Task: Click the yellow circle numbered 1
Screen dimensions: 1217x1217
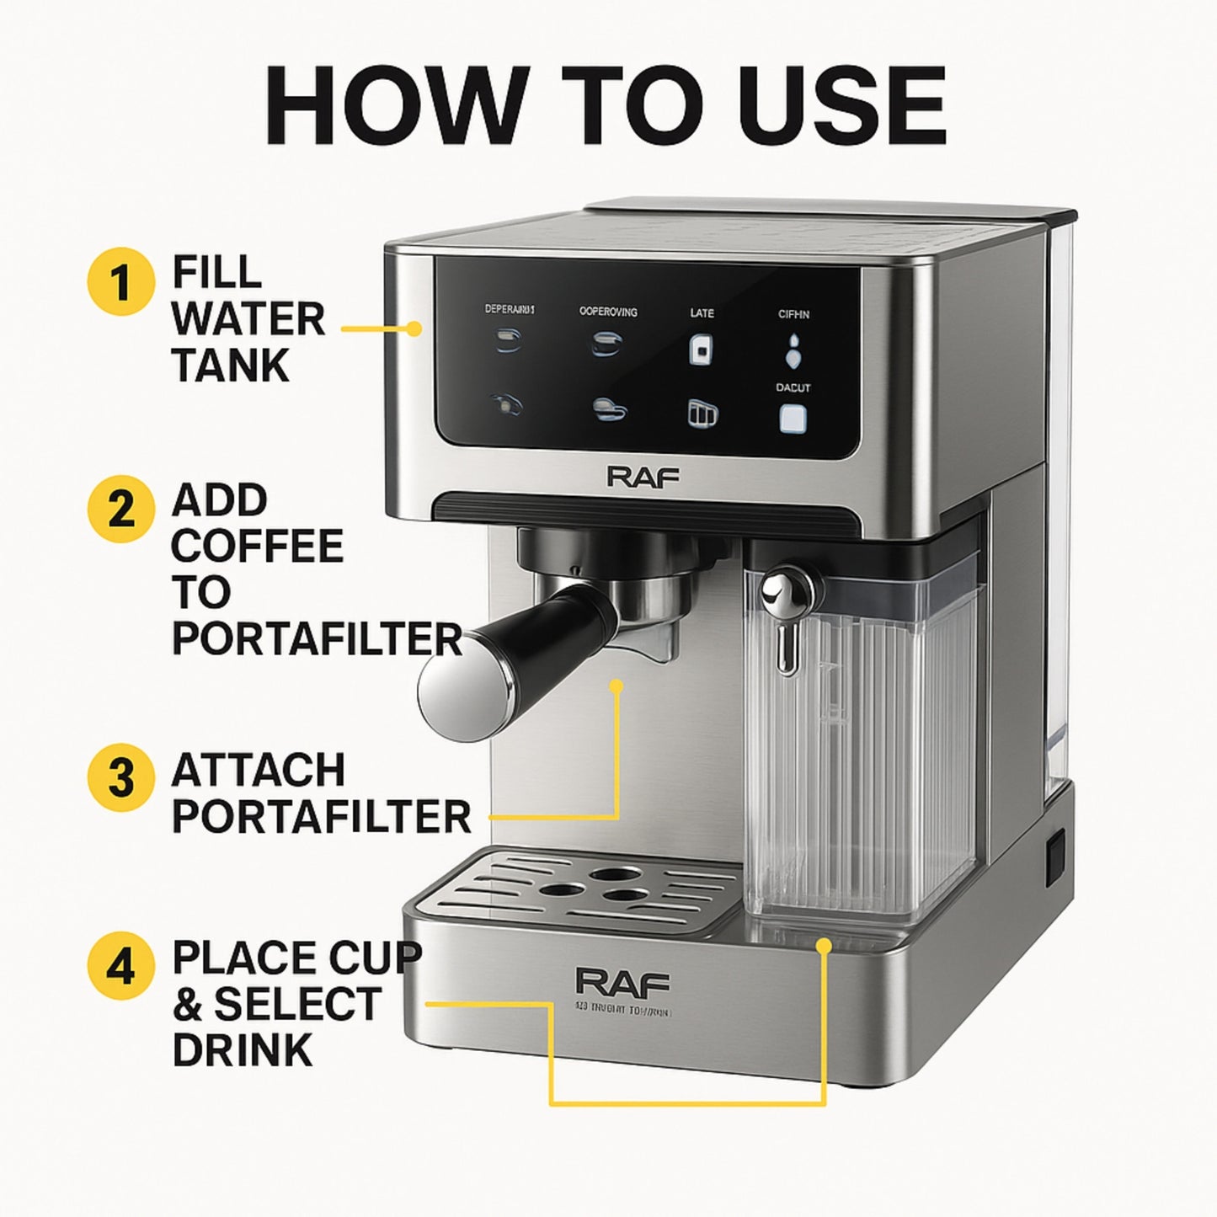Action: [121, 283]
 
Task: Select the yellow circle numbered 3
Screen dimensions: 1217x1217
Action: [121, 776]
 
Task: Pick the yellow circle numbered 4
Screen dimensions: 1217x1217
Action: [121, 966]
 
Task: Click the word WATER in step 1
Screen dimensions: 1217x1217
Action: [248, 320]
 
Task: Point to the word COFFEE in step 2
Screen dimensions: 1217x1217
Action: [258, 547]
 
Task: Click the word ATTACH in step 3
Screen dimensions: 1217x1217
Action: [259, 771]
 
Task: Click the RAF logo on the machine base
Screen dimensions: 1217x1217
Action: [623, 982]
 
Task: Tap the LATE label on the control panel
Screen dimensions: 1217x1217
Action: [702, 313]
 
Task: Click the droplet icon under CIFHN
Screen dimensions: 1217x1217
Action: [793, 350]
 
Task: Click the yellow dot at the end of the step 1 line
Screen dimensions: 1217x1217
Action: [414, 329]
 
